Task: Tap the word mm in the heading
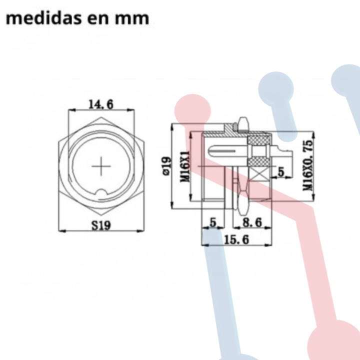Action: point(134,18)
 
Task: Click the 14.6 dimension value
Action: point(101,104)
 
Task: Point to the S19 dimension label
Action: point(101,225)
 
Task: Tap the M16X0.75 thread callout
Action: point(308,165)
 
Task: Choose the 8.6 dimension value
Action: point(252,222)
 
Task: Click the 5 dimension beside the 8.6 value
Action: point(213,222)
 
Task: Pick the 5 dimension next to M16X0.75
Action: point(281,172)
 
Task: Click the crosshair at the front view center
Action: point(101,166)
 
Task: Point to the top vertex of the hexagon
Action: point(101,118)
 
